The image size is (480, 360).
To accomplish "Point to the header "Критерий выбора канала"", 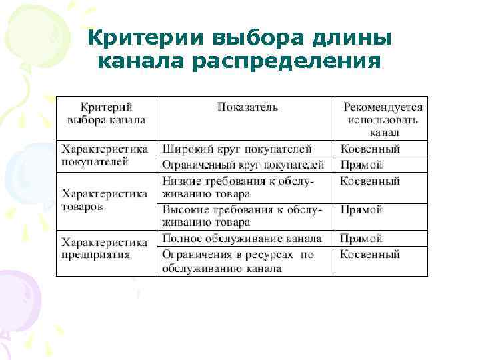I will pos(106,113).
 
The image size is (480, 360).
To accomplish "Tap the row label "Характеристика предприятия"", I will pos(105,246).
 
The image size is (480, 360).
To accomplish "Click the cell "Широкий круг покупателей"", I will pos(237,149).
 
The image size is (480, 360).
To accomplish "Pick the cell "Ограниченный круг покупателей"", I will pos(243,164).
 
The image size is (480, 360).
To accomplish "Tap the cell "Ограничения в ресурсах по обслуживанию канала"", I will pos(237,261).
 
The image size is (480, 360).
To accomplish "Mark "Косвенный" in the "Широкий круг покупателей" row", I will pos(370,149).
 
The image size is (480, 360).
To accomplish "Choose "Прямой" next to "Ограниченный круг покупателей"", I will pos(361,164).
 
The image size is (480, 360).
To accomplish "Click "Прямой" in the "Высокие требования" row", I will pos(361,209).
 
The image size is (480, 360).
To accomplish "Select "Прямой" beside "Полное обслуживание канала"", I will pos(361,238).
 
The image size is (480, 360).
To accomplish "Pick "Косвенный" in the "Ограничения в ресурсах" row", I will pos(370,254).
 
